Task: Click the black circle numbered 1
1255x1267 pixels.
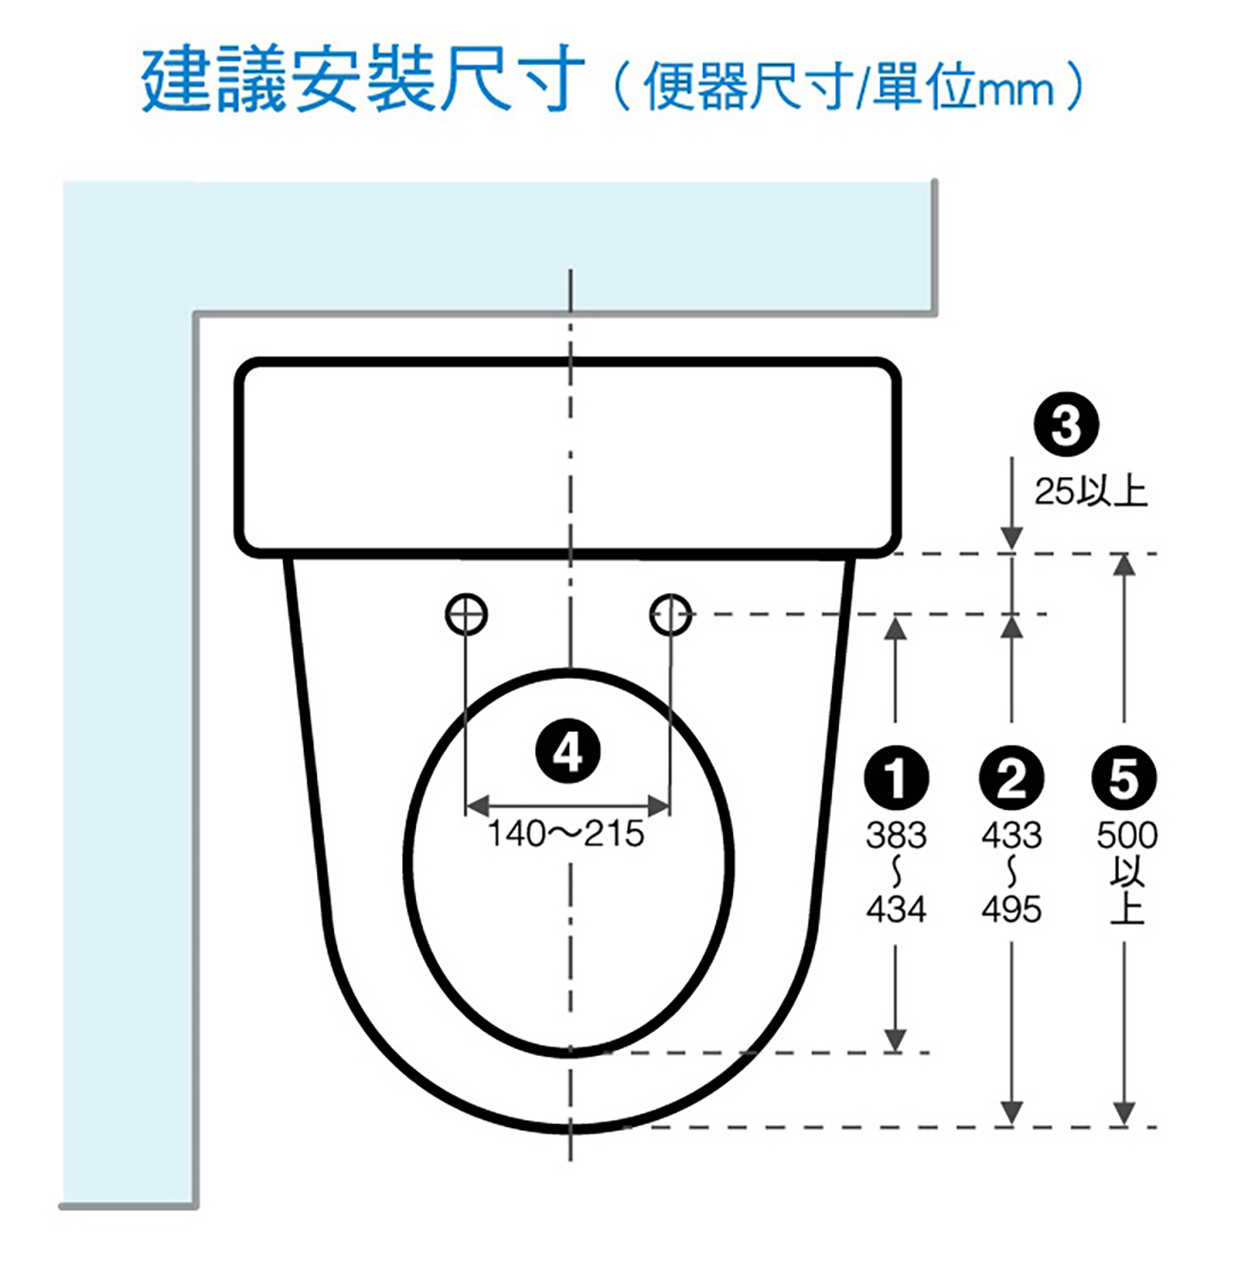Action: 895,778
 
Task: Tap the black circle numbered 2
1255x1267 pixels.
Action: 1011,778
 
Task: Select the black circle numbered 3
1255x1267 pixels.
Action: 1066,425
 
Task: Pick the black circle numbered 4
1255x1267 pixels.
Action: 568,751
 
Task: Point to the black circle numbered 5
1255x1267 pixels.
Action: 1124,778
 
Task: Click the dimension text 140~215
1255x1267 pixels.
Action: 566,834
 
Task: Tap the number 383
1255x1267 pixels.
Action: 895,835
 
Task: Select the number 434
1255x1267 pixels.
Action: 895,909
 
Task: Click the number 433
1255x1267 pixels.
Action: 1011,835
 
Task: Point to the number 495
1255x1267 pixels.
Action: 1011,909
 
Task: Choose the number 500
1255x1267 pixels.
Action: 1126,835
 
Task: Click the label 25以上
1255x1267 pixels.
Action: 1090,491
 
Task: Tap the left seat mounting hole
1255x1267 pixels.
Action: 466,615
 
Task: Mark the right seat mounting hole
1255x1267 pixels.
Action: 670,615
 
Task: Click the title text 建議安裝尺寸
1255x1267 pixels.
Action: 363,78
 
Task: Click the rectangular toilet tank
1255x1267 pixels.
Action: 567,458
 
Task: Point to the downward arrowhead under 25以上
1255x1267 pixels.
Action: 1011,537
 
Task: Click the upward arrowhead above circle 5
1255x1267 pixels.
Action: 1125,564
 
